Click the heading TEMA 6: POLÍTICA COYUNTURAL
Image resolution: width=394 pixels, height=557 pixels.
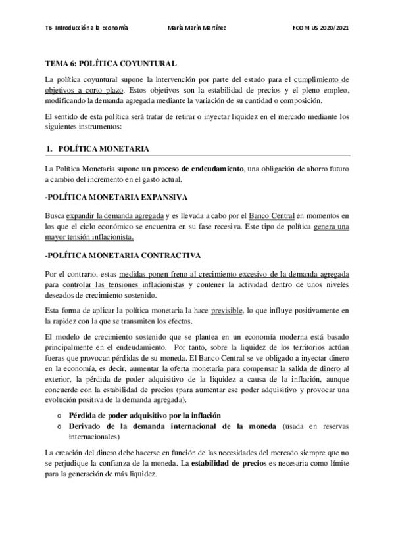[110, 63]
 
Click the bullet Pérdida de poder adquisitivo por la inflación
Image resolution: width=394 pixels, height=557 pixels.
[144, 416]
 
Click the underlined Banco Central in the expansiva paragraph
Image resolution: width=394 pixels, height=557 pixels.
[272, 215]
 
